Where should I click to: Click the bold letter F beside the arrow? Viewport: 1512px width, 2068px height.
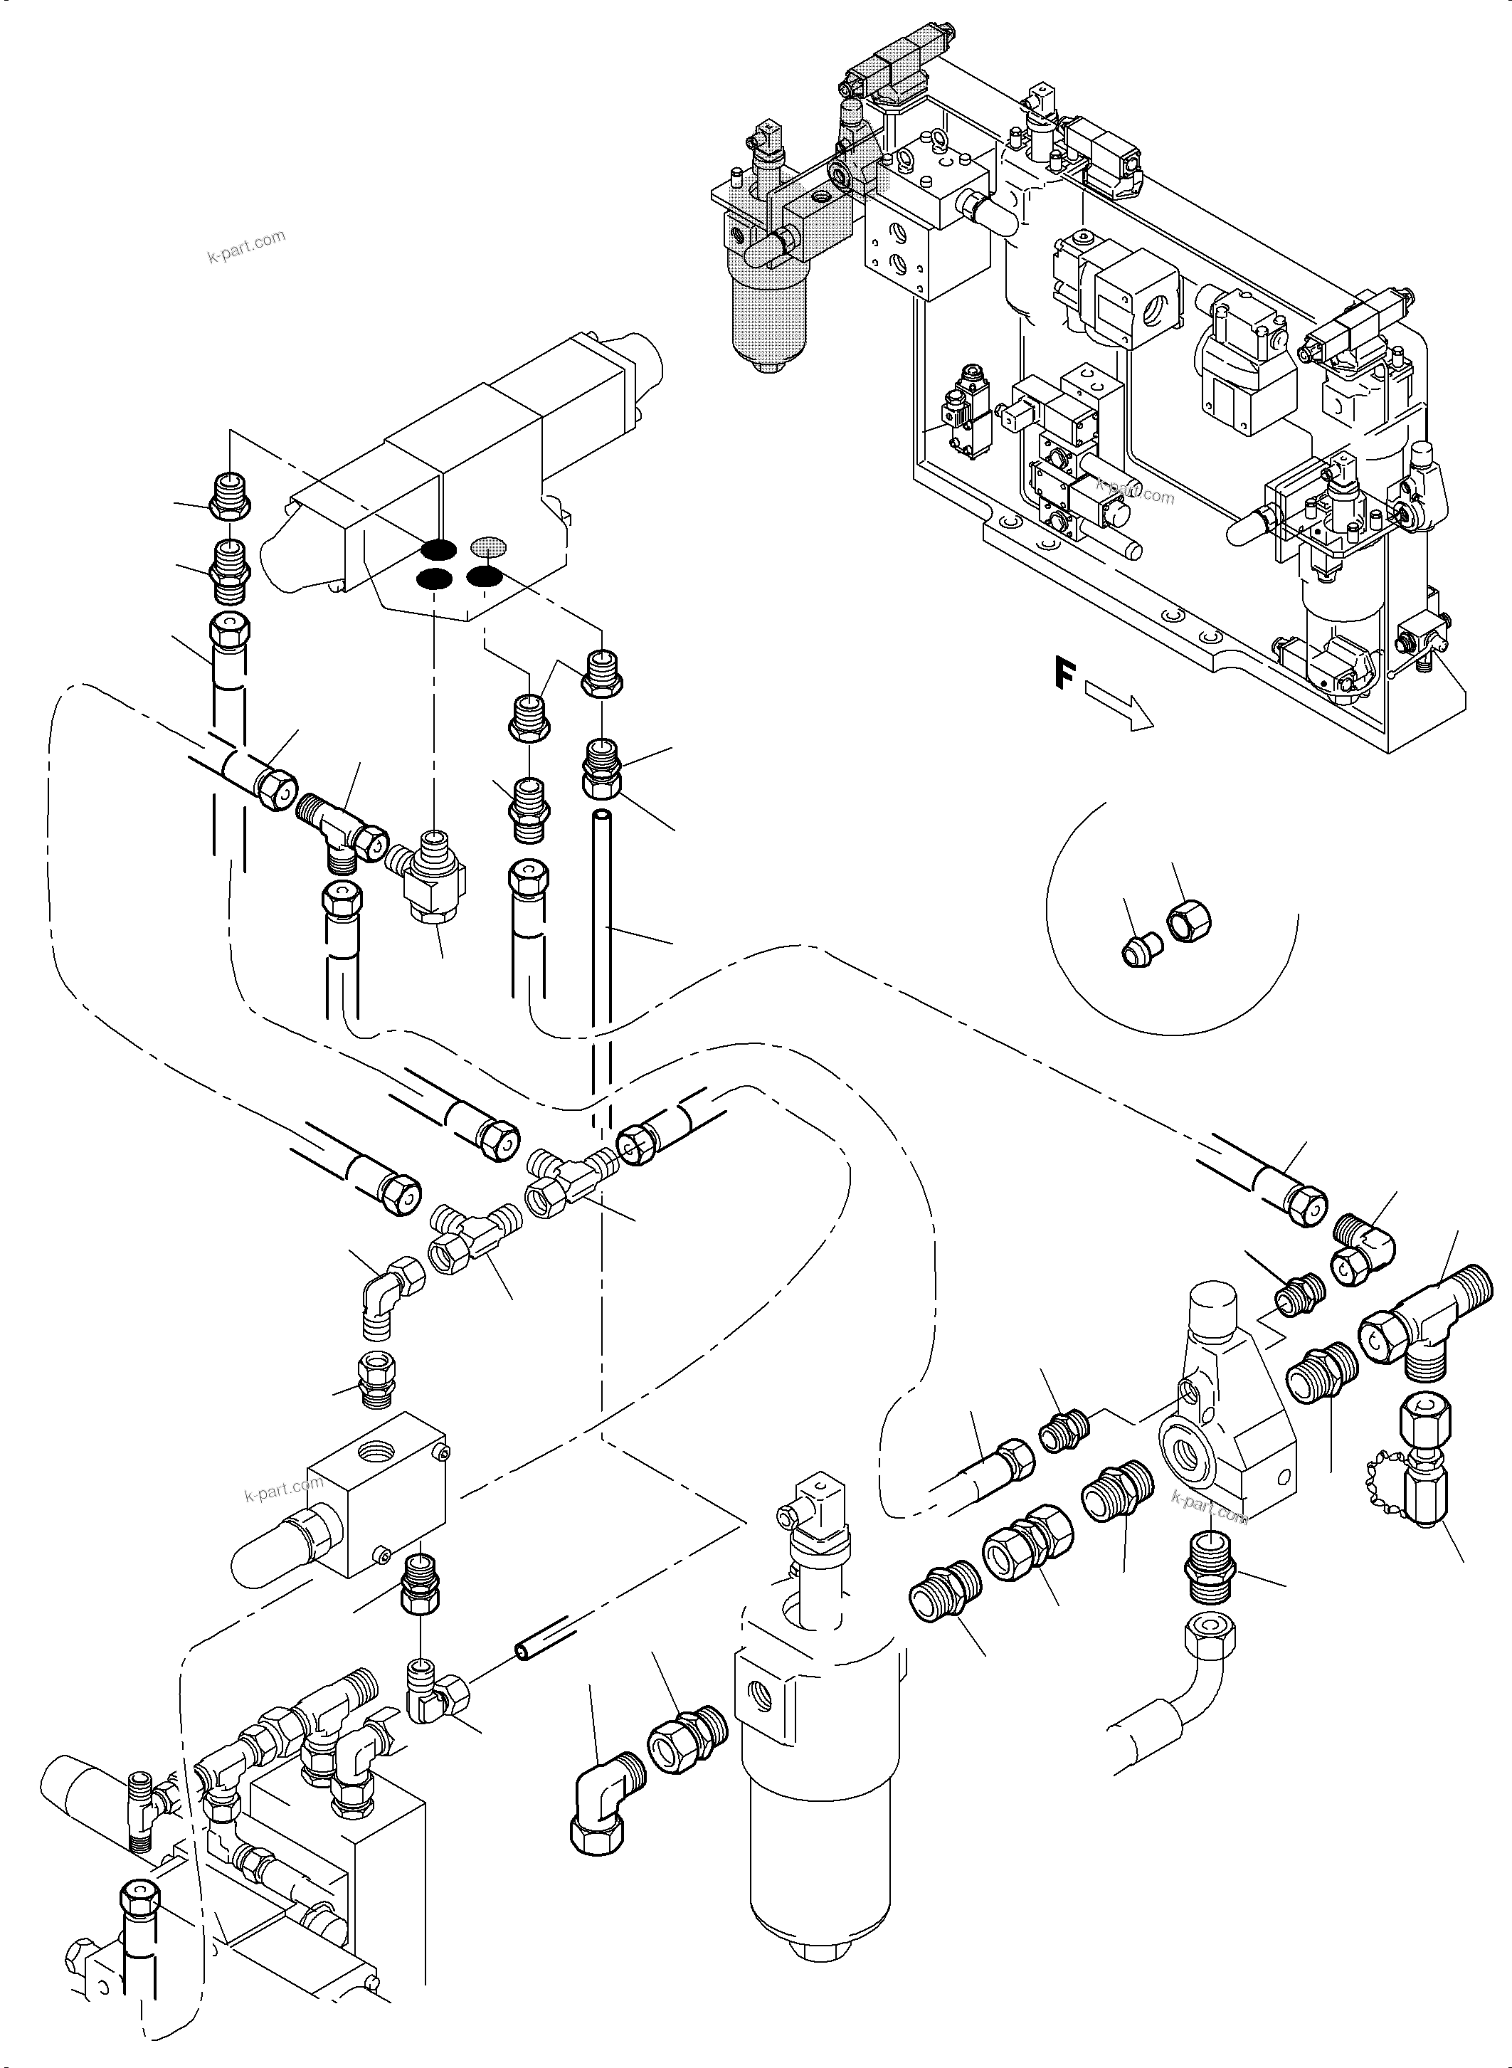[x=1062, y=675]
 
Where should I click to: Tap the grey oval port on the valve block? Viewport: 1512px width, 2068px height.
[x=489, y=547]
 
